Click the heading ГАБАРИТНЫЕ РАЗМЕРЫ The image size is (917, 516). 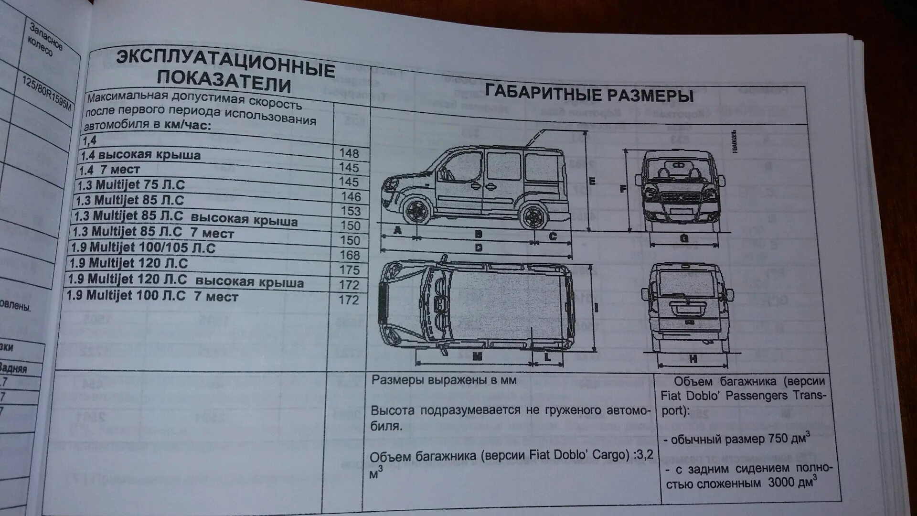click(589, 93)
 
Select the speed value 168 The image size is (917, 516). click(349, 255)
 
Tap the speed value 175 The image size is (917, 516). click(349, 269)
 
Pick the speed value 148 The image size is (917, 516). click(349, 153)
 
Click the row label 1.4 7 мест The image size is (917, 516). click(109, 169)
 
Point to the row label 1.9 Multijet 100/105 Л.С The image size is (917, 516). click(143, 247)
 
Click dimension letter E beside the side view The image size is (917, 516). click(592, 181)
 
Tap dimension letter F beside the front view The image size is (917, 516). click(623, 189)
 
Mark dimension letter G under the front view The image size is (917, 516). click(684, 238)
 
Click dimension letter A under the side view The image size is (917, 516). click(397, 230)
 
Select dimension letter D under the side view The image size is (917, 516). click(479, 247)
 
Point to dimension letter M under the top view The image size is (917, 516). click(477, 356)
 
